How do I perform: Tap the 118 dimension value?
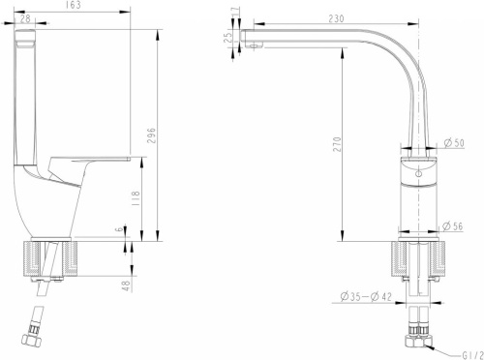136,198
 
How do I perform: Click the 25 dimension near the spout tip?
227,38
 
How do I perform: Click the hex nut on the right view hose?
418,342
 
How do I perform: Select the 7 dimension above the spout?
235,12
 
